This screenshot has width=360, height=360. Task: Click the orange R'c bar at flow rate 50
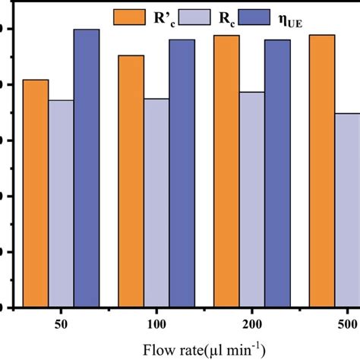click(x=36, y=194)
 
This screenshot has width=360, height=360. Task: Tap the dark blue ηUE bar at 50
click(x=87, y=168)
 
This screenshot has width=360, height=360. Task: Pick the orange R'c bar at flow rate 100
click(x=131, y=182)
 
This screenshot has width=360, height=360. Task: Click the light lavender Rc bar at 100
click(x=156, y=203)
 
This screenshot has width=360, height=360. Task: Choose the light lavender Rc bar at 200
click(x=252, y=199)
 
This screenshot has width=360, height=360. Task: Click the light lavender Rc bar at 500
click(x=346, y=210)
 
